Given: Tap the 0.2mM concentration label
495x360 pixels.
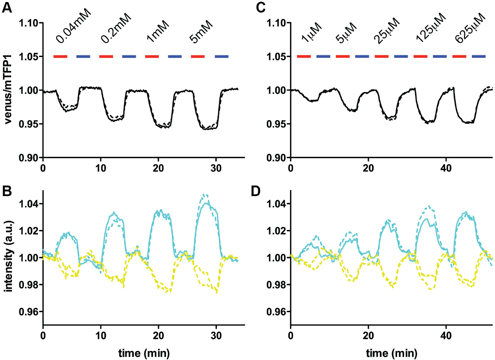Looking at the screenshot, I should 116,28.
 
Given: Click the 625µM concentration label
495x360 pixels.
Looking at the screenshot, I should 471,28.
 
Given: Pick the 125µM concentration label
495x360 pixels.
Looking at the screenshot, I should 431,28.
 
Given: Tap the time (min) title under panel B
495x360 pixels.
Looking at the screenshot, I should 144,353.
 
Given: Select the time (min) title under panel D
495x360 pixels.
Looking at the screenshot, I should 392,353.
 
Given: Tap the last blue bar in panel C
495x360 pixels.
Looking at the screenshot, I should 479,56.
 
